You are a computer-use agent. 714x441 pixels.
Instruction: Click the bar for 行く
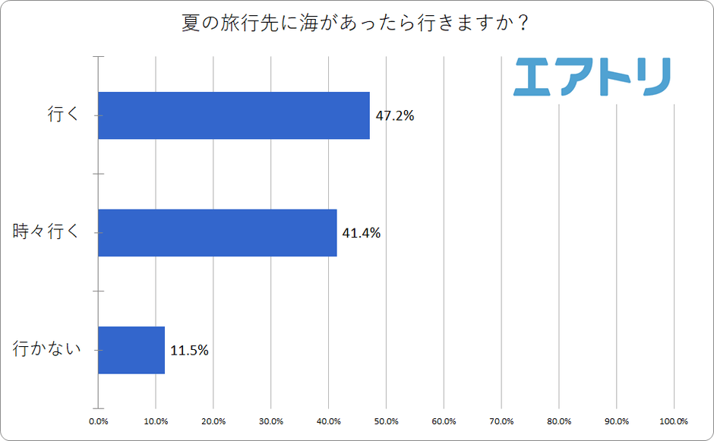pos(234,115)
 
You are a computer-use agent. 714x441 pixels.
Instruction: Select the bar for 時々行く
pos(217,232)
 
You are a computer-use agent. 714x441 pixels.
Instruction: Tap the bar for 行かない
pos(131,350)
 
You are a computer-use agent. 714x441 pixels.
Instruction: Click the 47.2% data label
pos(395,116)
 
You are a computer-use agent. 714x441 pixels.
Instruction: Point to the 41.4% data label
pos(362,233)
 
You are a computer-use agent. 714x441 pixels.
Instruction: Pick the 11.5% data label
pos(189,351)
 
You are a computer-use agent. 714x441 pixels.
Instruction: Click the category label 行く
pos(64,115)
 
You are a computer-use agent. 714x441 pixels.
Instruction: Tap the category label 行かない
pos(46,350)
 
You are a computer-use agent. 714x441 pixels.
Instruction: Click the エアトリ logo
pos(592,76)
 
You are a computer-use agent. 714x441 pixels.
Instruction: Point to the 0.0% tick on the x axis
pos(98,421)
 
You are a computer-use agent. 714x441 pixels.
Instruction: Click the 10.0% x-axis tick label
pos(156,421)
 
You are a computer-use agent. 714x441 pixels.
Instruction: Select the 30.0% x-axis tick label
pos(271,421)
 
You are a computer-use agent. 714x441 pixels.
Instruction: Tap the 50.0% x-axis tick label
pos(386,421)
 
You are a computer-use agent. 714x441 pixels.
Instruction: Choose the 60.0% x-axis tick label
pos(444,421)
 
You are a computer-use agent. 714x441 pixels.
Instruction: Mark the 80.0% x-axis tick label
pos(559,421)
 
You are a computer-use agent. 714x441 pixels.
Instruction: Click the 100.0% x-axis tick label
pos(673,421)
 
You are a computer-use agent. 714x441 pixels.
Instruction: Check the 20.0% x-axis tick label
pos(213,421)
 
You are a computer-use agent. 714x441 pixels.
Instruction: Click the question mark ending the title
pos(523,23)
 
